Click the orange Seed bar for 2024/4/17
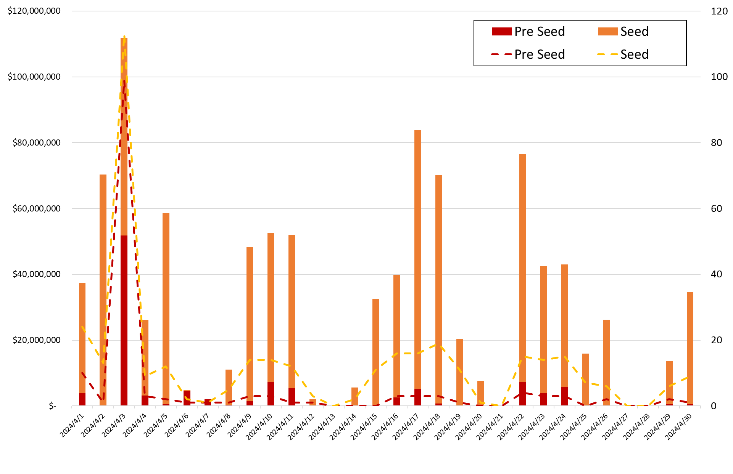(417, 259)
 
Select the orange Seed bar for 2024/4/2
(103, 290)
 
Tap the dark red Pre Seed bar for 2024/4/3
(124, 320)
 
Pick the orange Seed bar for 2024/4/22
(522, 267)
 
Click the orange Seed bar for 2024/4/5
(166, 309)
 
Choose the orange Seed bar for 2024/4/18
(438, 290)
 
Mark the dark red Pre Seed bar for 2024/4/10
(271, 394)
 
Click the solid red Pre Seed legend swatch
(501, 32)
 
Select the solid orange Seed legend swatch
(607, 32)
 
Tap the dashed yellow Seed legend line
(607, 54)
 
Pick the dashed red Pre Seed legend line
(501, 54)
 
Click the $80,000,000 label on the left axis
(37, 143)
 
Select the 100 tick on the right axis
(719, 77)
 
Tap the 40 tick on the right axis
(716, 274)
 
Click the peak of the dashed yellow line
(124, 37)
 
